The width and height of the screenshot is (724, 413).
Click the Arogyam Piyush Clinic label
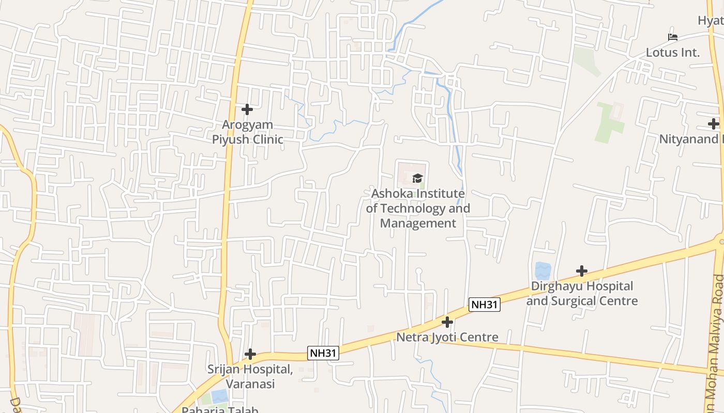(x=247, y=132)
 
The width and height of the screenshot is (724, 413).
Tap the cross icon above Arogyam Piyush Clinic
(x=247, y=109)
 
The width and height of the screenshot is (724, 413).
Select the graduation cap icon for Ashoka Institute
(x=417, y=179)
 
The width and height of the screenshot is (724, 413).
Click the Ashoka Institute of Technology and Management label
(x=418, y=209)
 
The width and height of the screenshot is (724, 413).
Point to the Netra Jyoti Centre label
(x=447, y=337)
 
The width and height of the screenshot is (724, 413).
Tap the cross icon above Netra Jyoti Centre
(x=447, y=322)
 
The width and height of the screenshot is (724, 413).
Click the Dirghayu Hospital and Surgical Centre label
(x=582, y=293)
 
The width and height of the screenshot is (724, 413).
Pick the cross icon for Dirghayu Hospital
(x=582, y=271)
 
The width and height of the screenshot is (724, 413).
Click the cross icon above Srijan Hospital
(x=250, y=354)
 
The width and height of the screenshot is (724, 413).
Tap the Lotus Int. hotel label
(x=672, y=52)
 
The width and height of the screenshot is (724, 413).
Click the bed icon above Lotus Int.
(x=672, y=37)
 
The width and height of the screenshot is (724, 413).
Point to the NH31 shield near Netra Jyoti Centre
(x=485, y=305)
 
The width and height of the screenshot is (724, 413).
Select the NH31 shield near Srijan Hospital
(x=323, y=353)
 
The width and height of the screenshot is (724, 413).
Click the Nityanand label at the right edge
(x=691, y=139)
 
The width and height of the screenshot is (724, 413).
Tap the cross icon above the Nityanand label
(x=714, y=124)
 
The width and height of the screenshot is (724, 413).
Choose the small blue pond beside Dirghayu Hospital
(x=542, y=271)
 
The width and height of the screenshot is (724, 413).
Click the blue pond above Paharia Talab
(x=219, y=396)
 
